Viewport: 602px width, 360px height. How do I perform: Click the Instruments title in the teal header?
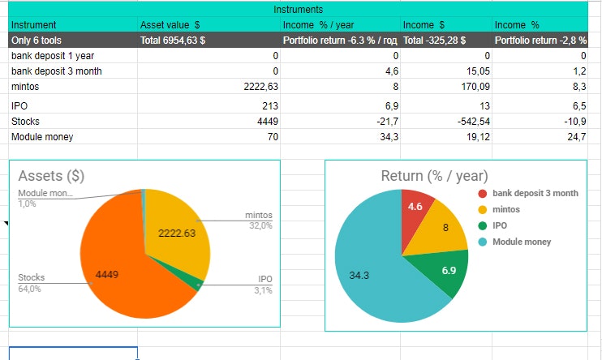(301, 10)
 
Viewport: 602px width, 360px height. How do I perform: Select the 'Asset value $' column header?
(170, 25)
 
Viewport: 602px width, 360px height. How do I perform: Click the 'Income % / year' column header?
(318, 25)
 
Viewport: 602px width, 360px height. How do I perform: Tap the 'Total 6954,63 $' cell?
(172, 41)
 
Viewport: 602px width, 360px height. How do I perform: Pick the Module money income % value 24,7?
(575, 137)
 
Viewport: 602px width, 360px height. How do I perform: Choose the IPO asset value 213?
(270, 106)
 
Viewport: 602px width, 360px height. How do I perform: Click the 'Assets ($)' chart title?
(52, 175)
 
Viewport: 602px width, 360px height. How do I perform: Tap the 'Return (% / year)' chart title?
(435, 176)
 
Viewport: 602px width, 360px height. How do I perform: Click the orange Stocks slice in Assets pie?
(122, 268)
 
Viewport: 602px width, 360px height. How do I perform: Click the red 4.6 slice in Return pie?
(416, 210)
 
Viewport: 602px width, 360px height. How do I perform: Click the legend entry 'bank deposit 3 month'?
(534, 193)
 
